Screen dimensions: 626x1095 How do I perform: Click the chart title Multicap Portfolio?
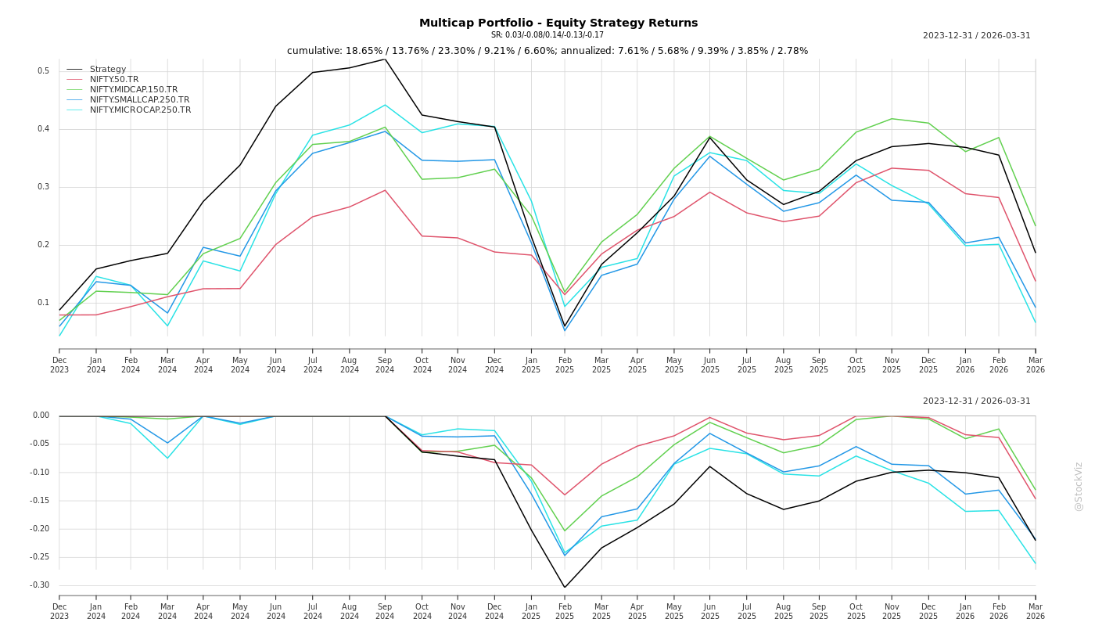click(558, 23)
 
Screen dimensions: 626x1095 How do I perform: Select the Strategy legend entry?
click(108, 70)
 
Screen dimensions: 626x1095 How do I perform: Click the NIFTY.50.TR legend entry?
click(114, 80)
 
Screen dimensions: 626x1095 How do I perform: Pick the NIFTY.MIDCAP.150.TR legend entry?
click(134, 90)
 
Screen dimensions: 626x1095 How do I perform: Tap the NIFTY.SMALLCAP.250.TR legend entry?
click(139, 100)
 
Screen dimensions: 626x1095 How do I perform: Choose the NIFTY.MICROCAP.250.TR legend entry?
click(140, 110)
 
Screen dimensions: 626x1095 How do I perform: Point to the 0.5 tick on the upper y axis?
click(44, 71)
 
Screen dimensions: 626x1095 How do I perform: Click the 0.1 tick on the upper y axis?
click(44, 303)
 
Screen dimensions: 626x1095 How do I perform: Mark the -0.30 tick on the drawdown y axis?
click(40, 585)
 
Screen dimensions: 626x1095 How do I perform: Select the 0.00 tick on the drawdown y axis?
click(41, 416)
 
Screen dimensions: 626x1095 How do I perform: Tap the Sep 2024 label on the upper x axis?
click(385, 365)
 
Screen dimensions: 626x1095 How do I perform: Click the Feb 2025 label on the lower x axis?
click(565, 611)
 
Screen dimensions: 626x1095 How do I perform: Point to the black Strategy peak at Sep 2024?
click(385, 59)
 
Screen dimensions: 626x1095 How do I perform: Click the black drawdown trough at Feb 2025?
click(565, 588)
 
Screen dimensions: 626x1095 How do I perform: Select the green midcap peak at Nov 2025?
click(892, 118)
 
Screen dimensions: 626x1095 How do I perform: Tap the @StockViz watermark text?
click(1079, 486)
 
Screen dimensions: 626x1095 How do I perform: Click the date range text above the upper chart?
click(976, 36)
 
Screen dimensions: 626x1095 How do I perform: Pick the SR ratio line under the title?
click(547, 35)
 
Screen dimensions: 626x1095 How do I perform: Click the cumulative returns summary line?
click(547, 51)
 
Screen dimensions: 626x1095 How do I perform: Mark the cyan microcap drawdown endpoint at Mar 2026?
click(1036, 563)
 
